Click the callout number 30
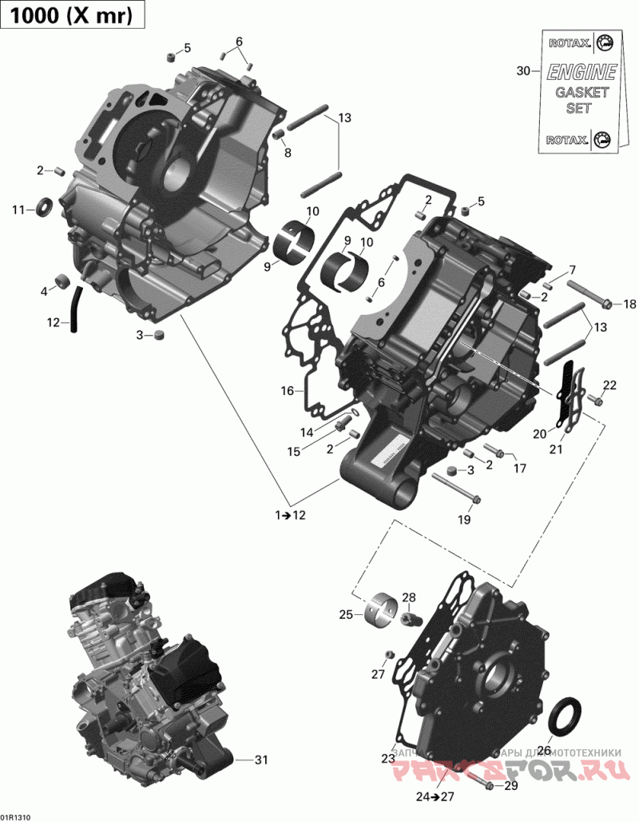pos(523,71)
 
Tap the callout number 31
pos(261,759)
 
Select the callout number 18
pos(630,304)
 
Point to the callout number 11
pos(18,210)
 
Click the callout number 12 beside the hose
pos(54,323)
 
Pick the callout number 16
pos(288,391)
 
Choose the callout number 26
pos(544,751)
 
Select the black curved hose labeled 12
pos(76,308)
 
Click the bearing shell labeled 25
pos(383,609)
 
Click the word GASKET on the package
pos(581,93)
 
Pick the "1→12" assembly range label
pos(290,516)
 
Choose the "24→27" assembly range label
pos(435,796)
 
